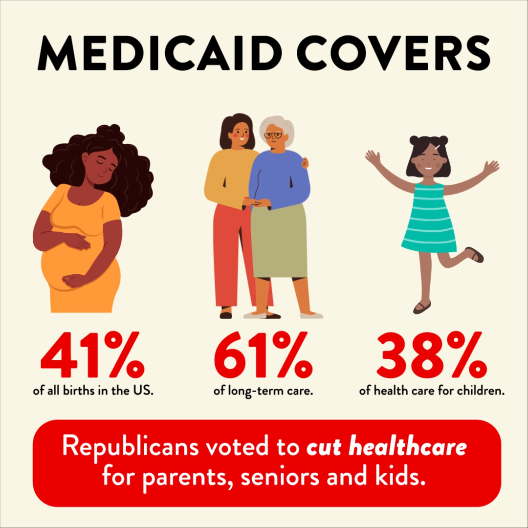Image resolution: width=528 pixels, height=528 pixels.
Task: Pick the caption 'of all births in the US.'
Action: point(93,392)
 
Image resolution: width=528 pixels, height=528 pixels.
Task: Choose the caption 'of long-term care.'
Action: point(263,392)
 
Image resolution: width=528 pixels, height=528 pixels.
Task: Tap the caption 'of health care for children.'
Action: point(432,392)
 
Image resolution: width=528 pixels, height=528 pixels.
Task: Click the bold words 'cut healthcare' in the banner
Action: point(386,448)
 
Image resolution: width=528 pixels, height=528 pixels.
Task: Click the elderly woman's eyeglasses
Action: point(274,135)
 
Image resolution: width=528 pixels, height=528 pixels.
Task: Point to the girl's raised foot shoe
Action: point(475,255)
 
